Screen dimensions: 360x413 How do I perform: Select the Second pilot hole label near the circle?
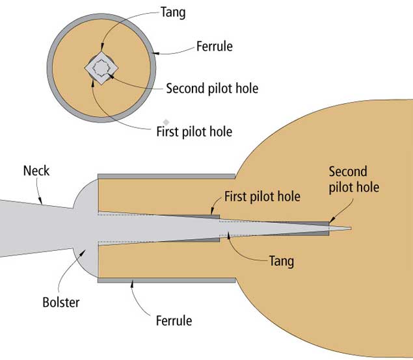pyautogui.click(x=212, y=88)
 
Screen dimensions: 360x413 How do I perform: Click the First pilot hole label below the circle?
pyautogui.click(x=194, y=131)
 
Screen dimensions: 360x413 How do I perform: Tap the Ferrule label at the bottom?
pyautogui.click(x=174, y=320)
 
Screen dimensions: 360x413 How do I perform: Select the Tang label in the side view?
pyautogui.click(x=281, y=261)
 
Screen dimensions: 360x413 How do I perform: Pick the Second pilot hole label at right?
pyautogui.click(x=353, y=179)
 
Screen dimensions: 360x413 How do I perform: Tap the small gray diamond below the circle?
pyautogui.click(x=167, y=122)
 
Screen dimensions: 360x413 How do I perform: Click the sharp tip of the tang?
pyautogui.click(x=350, y=228)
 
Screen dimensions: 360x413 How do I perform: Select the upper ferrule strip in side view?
pyautogui.click(x=166, y=176)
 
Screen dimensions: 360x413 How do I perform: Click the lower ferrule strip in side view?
pyautogui.click(x=166, y=280)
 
